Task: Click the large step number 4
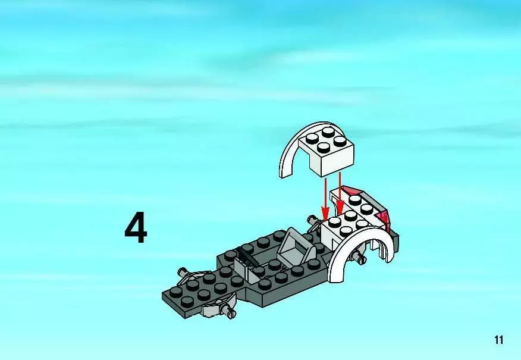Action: click(x=136, y=228)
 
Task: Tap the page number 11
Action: click(x=499, y=340)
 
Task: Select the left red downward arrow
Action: click(x=325, y=199)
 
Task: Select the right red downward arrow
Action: click(x=340, y=193)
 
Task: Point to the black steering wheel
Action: click(x=247, y=256)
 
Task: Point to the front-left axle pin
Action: click(x=183, y=273)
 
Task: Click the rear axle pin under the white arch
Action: click(x=359, y=257)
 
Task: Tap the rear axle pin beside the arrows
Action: click(x=312, y=220)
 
